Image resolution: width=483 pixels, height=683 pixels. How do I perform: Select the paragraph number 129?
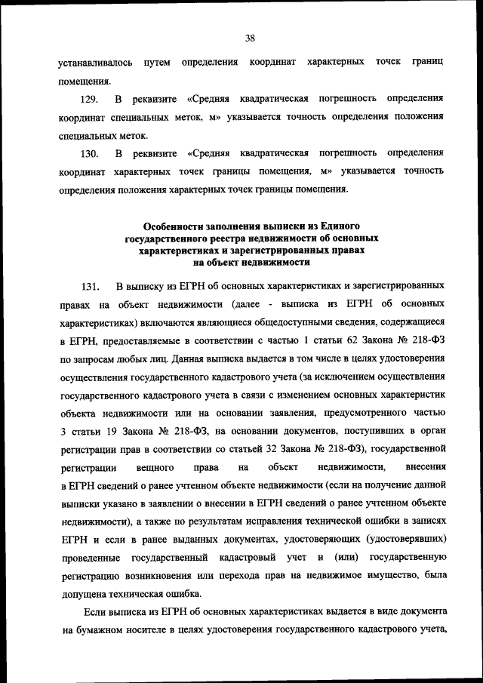click(91, 100)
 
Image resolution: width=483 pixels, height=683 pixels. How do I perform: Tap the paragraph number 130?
click(91, 154)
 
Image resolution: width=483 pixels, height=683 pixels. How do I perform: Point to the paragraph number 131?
click(91, 287)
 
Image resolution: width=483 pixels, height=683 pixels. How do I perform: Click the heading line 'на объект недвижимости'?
click(251, 262)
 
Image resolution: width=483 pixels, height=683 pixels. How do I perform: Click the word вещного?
click(150, 467)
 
